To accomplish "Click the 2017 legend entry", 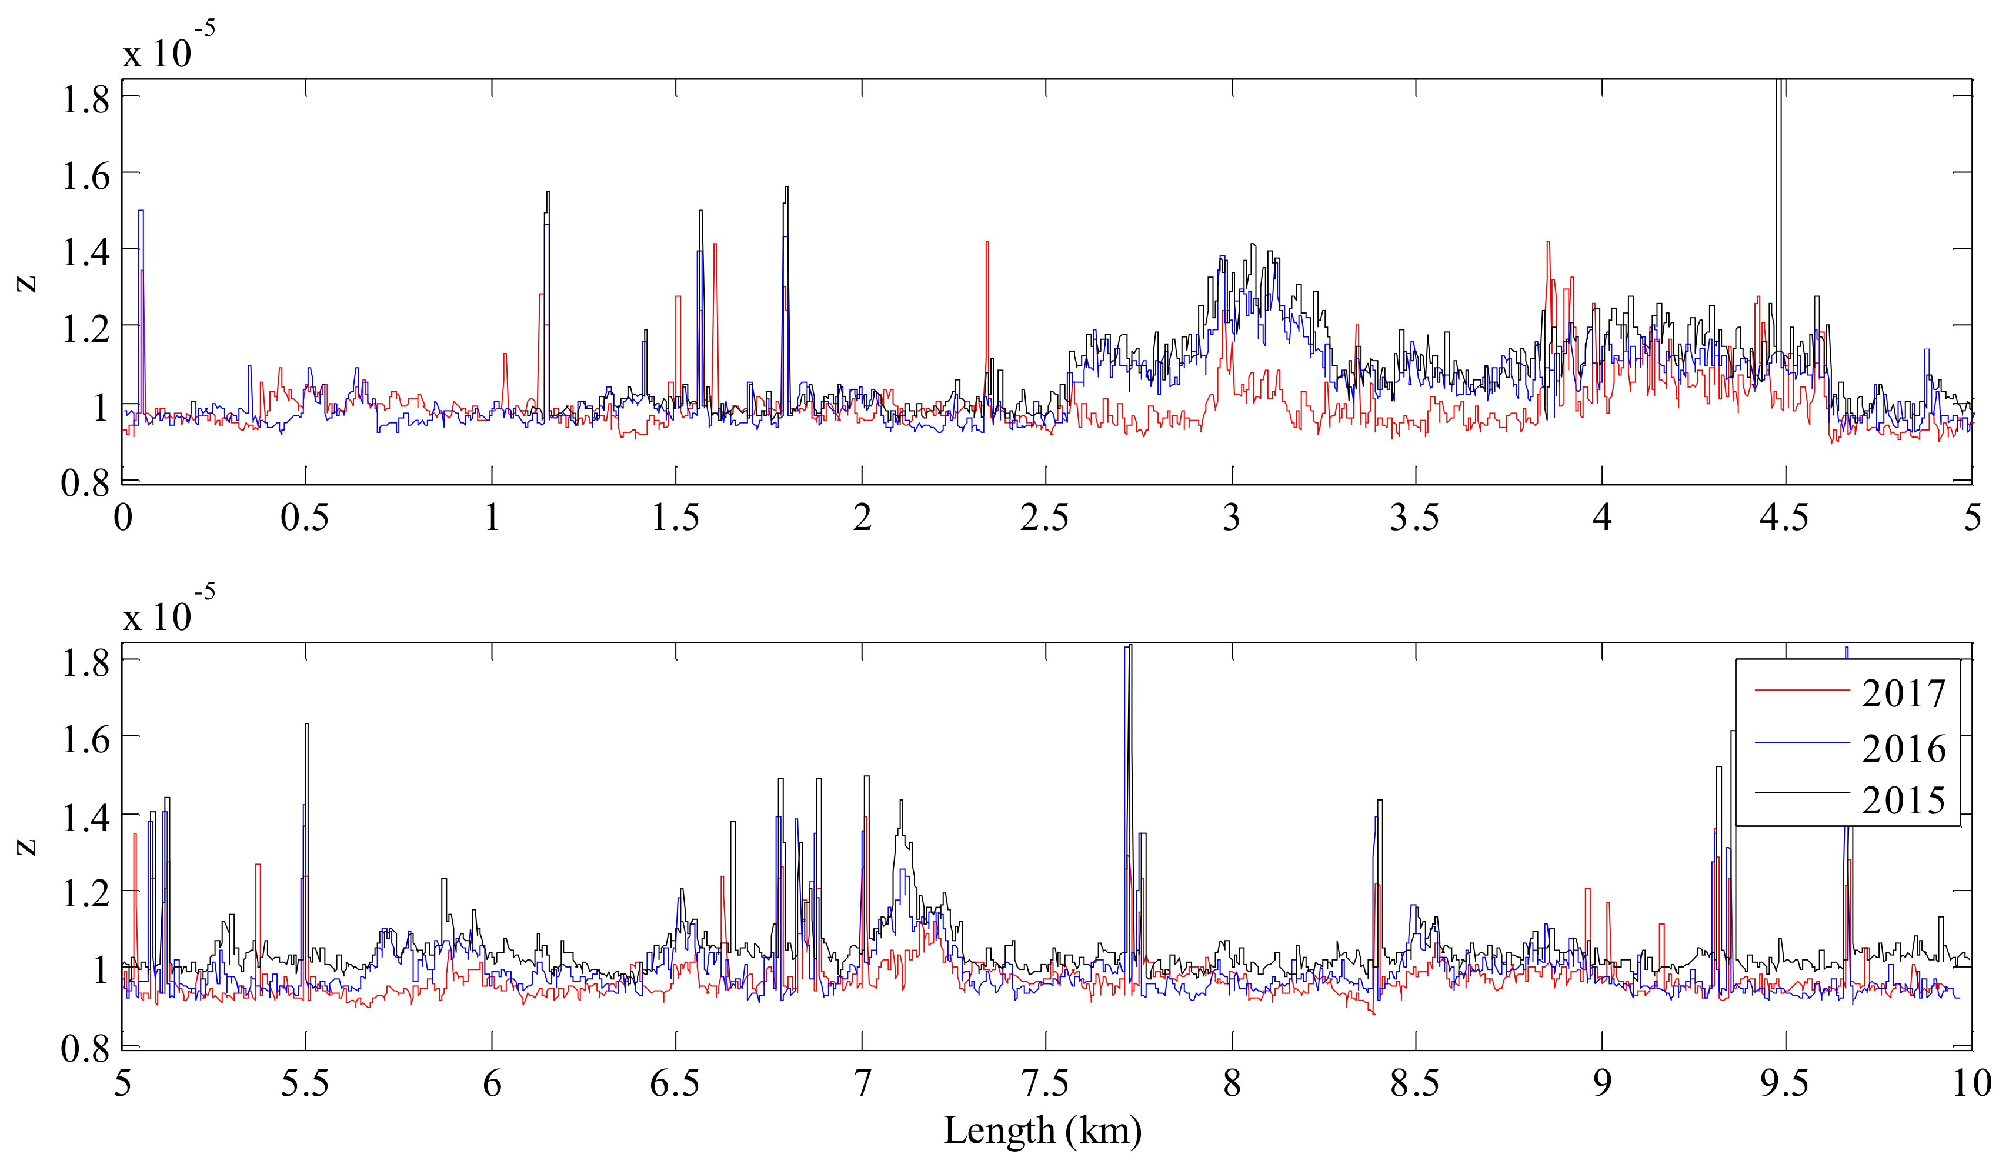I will point(1903,693).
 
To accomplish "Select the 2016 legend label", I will point(1903,749).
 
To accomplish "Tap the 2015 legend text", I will point(1903,801).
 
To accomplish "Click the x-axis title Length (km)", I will point(1042,1131).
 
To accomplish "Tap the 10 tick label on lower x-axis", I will point(1971,1084).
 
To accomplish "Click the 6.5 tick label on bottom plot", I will point(675,1084).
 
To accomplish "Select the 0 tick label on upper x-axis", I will point(123,518).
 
